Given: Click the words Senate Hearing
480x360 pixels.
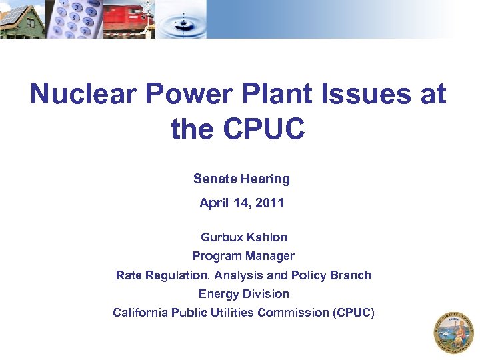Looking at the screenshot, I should pos(241,179).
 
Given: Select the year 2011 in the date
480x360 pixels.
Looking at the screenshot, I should pos(269,203).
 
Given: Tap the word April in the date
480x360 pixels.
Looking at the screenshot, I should pos(214,203).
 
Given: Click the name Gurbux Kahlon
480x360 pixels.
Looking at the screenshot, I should pos(244,237).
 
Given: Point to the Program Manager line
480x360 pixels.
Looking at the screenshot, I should pos(243,256).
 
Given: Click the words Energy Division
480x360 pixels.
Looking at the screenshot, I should pos(243,293).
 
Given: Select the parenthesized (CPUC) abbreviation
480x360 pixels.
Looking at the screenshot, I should pos(353,312).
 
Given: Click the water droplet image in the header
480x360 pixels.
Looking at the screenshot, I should pos(183,19).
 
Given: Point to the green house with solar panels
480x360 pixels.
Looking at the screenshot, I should pos(22,19).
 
